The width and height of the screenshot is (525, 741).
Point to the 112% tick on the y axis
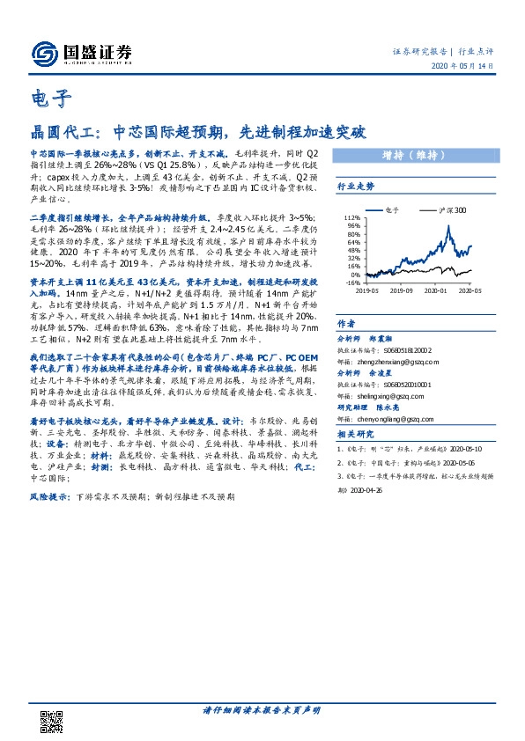(x=351, y=217)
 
